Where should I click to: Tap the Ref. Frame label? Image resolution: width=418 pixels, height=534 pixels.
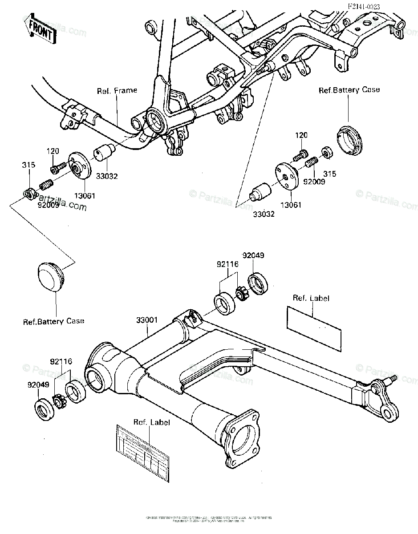coord(117,90)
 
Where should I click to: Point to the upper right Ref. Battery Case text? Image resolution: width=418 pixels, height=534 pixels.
coord(349,90)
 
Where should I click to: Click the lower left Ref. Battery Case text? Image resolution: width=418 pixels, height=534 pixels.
coord(53,321)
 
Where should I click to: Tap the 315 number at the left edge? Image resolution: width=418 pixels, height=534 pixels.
coord(28,165)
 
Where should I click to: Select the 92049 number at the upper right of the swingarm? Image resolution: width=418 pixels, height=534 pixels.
coord(253,255)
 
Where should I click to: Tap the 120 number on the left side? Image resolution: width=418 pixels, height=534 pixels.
coord(53,151)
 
